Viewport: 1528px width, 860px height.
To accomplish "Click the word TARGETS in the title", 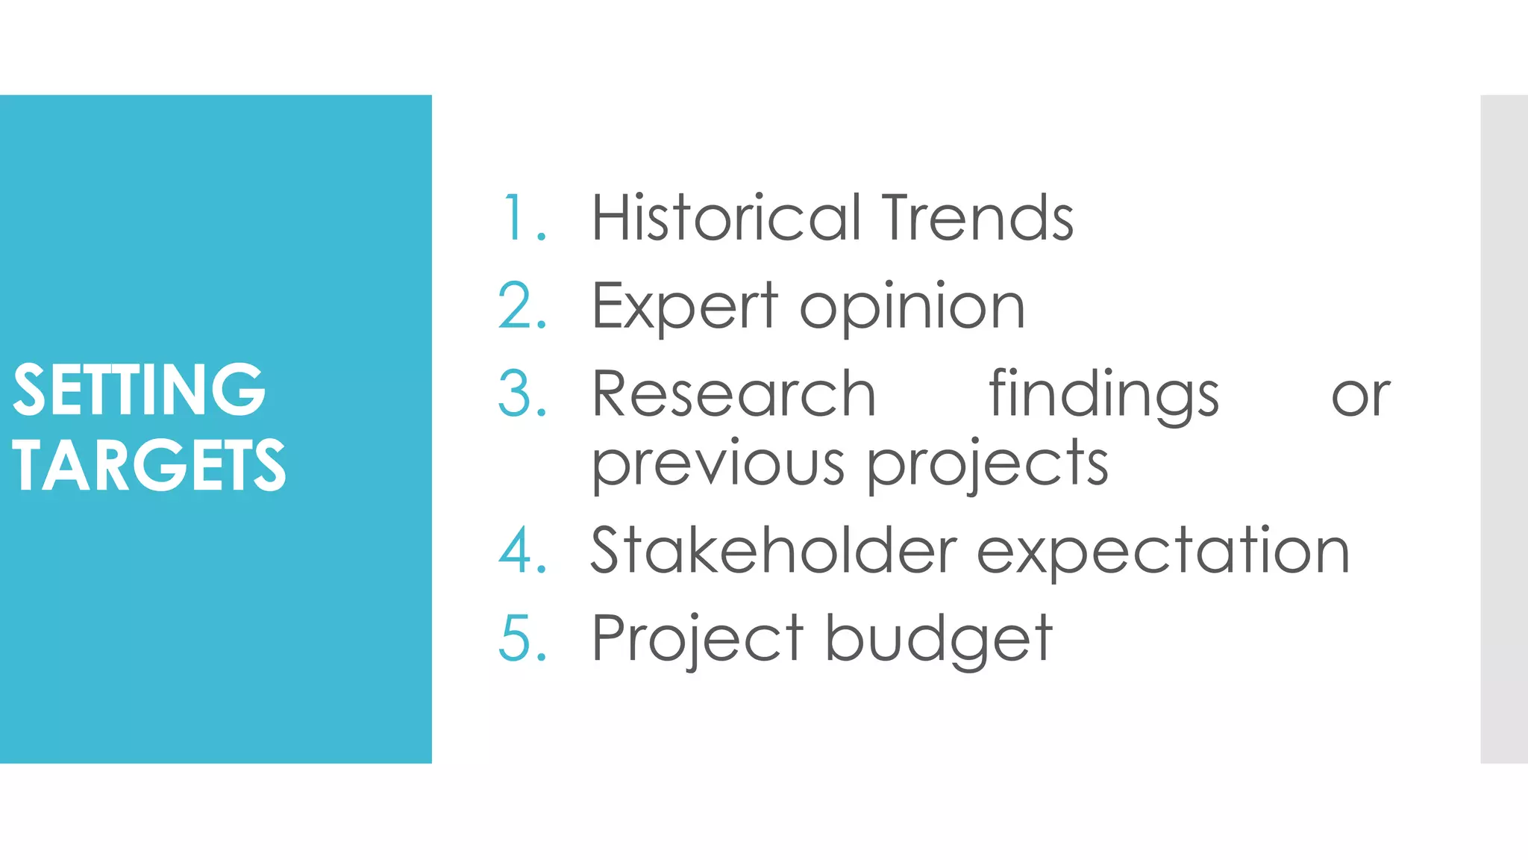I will tap(148, 466).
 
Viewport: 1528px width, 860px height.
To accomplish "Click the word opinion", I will tap(912, 308).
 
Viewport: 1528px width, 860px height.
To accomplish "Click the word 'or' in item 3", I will tap(1361, 396).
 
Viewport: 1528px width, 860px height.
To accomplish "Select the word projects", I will tap(988, 464).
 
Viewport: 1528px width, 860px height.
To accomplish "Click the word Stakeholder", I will tap(774, 551).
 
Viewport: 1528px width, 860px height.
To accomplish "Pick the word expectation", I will tap(1163, 552).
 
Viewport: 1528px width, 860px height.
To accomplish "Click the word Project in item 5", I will tap(697, 640).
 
